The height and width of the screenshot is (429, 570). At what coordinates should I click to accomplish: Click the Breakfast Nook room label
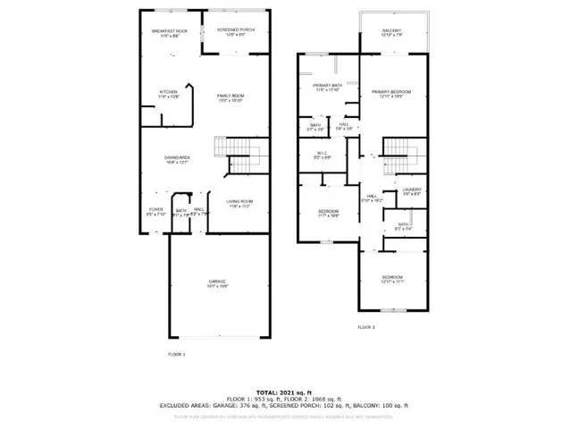pos(170,31)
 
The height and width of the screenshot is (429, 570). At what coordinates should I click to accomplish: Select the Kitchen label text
pos(168,91)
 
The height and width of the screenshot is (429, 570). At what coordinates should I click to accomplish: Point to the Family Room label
pos(231,95)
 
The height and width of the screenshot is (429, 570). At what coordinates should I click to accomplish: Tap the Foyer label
pos(155,211)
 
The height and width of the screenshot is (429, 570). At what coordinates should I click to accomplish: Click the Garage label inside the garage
pos(205,282)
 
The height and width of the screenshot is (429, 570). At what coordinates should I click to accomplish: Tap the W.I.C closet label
pos(323,155)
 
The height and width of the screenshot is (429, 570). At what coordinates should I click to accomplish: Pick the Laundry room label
pos(411,190)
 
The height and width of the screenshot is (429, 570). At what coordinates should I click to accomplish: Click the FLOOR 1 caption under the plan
pos(176,355)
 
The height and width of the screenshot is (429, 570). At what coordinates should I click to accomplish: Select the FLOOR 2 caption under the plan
pos(366,327)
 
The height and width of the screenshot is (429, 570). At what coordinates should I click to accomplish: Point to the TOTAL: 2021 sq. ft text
pos(285,392)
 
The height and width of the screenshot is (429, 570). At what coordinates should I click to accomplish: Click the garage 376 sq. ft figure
pos(247,405)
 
